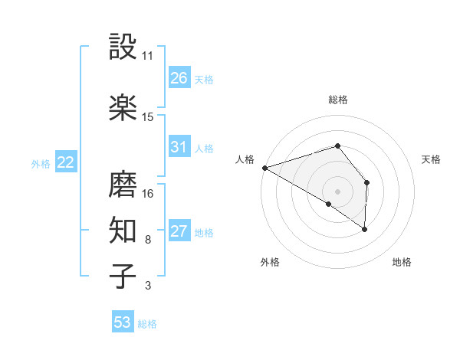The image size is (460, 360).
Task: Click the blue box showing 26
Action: point(179,78)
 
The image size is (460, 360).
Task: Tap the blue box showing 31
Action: point(179,147)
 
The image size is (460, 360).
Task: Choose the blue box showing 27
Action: point(179,231)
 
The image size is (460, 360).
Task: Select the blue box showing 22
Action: point(66,162)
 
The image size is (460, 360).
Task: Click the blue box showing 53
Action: point(123,322)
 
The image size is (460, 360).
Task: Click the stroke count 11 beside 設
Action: point(148,56)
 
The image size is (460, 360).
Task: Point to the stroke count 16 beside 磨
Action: point(148,193)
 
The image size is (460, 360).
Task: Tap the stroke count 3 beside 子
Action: point(148,286)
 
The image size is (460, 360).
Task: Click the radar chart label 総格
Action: point(338,100)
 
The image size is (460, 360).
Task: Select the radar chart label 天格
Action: point(431,159)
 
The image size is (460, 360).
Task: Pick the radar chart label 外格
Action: point(270,263)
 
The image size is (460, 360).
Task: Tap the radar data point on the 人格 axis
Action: point(264,167)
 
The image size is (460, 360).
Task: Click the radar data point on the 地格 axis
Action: point(365,228)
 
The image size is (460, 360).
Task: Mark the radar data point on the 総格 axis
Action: point(338,146)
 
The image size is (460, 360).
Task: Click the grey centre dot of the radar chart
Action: point(338,191)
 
